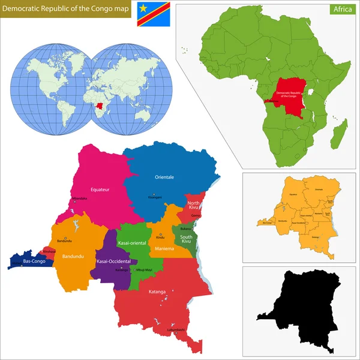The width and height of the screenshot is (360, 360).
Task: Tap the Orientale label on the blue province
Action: [x=164, y=177]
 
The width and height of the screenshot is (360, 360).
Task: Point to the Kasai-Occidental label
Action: [x=112, y=262]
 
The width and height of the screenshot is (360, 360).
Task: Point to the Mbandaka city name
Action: [x=79, y=197]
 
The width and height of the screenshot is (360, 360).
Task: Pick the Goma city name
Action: [x=196, y=215]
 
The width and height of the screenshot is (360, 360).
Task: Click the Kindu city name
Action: [x=160, y=238]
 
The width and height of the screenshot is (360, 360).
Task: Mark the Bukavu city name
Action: [x=185, y=229]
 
